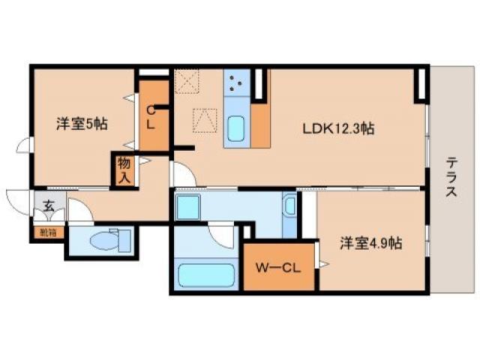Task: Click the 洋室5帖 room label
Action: click(x=82, y=124)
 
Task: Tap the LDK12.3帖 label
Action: click(x=338, y=128)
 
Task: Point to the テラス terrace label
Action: click(x=451, y=176)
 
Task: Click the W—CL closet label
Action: click(x=278, y=266)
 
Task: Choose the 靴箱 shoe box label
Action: click(x=48, y=232)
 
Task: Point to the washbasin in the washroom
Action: click(x=289, y=205)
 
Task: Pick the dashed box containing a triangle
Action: click(x=203, y=120)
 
